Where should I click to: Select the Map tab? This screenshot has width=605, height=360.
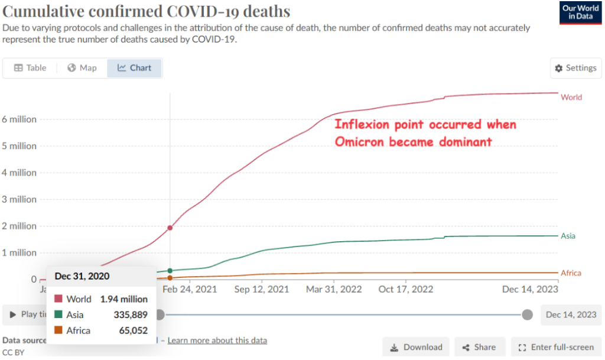pos(82,68)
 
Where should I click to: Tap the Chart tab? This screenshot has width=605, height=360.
pos(135,68)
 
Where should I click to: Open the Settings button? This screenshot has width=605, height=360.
pos(575,68)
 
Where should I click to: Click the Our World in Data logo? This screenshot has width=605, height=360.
pos(581,12)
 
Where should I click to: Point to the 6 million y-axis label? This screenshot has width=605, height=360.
pos(19,119)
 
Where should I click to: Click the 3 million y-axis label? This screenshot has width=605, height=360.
pos(19,199)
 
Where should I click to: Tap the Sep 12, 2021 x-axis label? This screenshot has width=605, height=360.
pos(262,290)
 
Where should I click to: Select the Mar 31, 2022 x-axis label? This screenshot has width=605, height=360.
pos(334,290)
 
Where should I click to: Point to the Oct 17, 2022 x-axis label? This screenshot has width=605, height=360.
pos(405,290)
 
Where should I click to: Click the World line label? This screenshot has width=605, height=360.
pos(571,98)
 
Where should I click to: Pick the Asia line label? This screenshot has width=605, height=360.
pos(568,236)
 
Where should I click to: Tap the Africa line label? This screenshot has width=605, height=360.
pos(571,273)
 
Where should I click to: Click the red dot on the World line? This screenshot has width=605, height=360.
pos(170,228)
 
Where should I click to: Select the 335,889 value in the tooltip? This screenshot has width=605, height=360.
pos(131,315)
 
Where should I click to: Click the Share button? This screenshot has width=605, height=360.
pos(479,348)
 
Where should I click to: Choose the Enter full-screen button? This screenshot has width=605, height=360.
pos(556,348)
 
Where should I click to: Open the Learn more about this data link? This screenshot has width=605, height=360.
pos(217,340)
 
